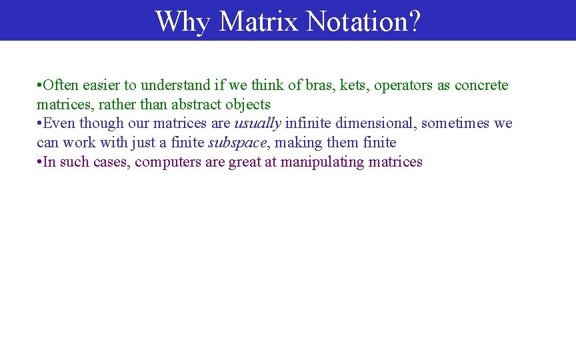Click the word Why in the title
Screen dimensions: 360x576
(183, 21)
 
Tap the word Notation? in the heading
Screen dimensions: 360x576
(363, 21)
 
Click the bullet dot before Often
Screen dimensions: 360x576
(40, 86)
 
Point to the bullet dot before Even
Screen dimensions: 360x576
(40, 124)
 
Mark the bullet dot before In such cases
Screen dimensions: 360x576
(40, 162)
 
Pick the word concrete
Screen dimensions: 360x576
(481, 85)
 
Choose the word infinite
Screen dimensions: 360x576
(308, 123)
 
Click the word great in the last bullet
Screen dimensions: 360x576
(245, 162)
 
